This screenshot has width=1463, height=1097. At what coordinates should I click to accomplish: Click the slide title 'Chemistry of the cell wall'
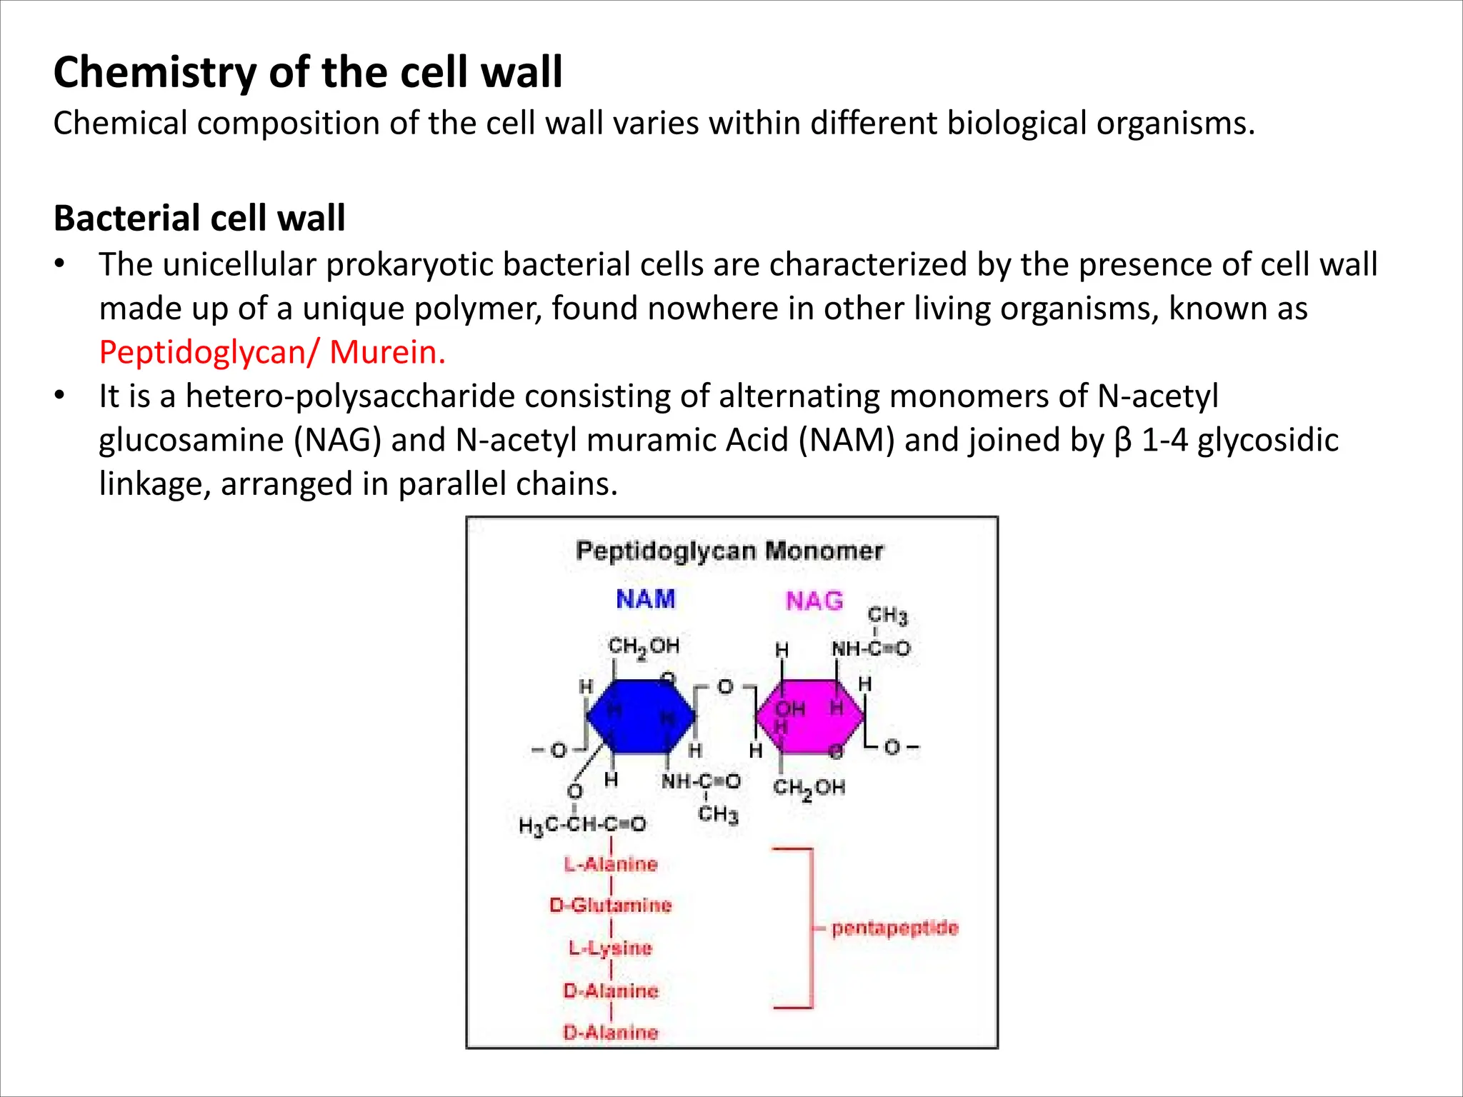coord(308,73)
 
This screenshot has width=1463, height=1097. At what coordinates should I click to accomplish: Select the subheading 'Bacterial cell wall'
coord(199,219)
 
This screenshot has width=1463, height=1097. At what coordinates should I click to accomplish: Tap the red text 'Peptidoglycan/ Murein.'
coord(272,352)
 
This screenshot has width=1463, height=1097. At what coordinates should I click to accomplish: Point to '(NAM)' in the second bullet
coord(847,440)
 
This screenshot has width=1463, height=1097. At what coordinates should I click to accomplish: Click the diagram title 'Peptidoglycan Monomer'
coord(729,551)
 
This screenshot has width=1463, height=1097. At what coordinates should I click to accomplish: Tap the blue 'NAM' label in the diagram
coord(645,599)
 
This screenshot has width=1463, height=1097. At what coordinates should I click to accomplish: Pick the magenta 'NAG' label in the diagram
coord(814,601)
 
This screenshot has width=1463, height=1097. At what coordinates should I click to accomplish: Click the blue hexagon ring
coord(640,716)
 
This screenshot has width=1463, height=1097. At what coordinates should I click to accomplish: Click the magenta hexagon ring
coord(810,716)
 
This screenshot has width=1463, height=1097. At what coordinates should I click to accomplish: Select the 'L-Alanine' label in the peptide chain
coord(611,864)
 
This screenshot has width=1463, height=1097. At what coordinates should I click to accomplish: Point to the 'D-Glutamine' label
coord(611,906)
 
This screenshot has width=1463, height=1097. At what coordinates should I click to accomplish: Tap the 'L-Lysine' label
coord(611,948)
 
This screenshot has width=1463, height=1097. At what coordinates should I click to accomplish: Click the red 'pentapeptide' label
coord(894,928)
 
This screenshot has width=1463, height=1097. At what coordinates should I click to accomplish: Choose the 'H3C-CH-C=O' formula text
coord(582,826)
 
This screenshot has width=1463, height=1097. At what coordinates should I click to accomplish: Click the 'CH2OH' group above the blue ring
coord(644,647)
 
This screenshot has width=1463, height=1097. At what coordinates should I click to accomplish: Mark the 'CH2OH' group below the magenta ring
coord(809,788)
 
